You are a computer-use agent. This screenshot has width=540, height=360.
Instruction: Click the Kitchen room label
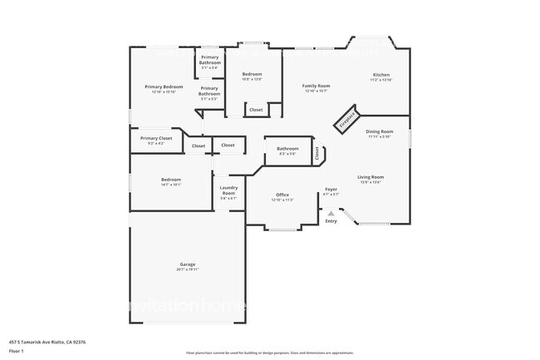coord(380,75)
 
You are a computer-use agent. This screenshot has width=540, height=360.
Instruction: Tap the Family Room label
coord(316,86)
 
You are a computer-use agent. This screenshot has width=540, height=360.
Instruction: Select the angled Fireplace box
coord(346,119)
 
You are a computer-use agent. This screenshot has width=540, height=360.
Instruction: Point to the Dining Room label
coord(380,131)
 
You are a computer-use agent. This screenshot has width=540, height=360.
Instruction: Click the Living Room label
coord(371,176)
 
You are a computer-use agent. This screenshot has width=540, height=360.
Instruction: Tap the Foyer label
coord(331,190)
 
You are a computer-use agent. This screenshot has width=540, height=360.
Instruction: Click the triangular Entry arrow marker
coord(331,213)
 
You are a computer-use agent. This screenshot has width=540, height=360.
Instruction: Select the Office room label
coord(282,195)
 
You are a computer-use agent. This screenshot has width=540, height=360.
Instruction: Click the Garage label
coord(188,264)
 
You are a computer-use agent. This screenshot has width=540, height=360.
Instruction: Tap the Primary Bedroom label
coord(164,86)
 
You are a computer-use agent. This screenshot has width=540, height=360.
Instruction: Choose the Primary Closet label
coord(155,138)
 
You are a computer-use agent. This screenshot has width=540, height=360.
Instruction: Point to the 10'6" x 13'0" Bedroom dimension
coord(252,79)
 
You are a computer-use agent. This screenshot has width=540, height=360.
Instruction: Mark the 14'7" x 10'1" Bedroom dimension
coord(170,185)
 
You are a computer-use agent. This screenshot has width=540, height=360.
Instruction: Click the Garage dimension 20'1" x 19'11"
coord(188,269)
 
